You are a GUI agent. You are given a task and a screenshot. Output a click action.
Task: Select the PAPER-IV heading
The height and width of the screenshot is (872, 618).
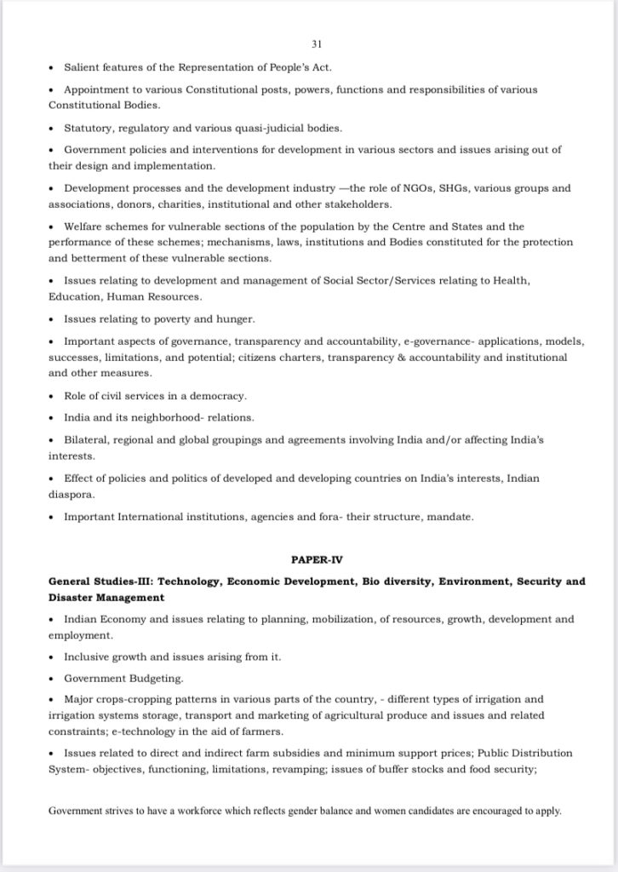point(316,559)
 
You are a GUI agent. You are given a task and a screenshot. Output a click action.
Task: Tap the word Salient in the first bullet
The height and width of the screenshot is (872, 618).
point(82,66)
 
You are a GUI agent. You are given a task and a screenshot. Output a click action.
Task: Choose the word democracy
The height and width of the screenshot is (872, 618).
point(216,397)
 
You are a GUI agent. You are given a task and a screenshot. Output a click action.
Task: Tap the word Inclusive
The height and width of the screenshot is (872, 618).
point(87,657)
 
